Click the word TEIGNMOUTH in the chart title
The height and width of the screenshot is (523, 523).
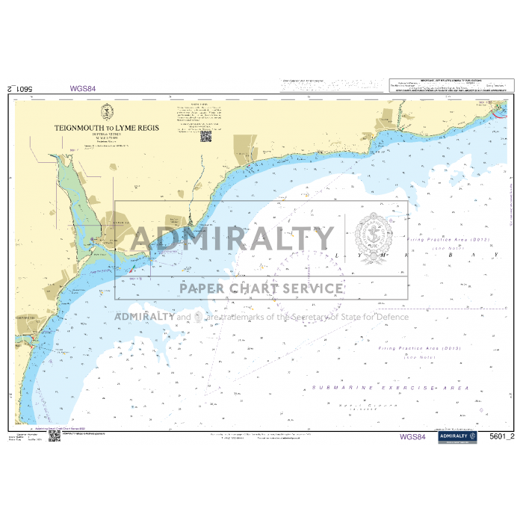coord(78,129)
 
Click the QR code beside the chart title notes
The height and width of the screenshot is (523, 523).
coord(205,134)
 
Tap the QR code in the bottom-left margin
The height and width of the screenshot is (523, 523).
coord(55,436)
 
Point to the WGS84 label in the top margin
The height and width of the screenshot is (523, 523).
coord(83,88)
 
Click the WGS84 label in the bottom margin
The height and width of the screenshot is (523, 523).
coord(412,437)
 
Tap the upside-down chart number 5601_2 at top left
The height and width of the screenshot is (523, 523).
coord(22,88)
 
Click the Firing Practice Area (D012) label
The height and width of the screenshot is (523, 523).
coord(449,240)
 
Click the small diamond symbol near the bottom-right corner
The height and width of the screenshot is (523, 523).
coord(478,409)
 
